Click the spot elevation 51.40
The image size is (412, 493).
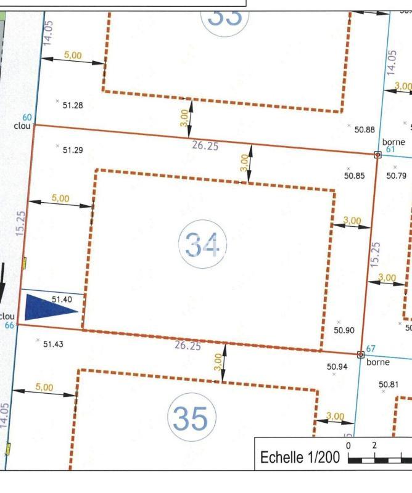click(62, 299)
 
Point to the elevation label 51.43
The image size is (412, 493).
click(53, 344)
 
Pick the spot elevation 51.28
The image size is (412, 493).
click(73, 105)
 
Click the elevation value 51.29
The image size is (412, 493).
click(73, 150)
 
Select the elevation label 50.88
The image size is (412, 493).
click(364, 129)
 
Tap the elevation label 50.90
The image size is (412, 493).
click(344, 330)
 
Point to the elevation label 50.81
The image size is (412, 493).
click(389, 385)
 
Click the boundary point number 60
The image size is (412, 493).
click(27, 118)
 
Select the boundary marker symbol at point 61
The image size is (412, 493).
click(378, 154)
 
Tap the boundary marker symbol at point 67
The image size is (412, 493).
click(361, 354)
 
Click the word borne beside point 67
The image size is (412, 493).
click(378, 362)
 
